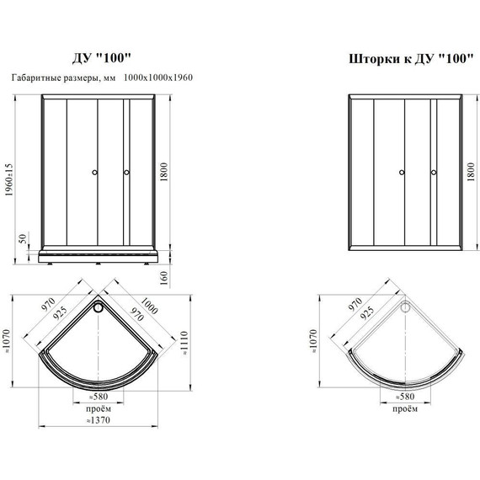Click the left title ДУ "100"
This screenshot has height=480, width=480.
pyautogui.click(x=101, y=58)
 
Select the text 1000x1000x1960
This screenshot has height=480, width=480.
pyautogui.click(x=158, y=77)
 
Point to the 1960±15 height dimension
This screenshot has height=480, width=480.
pyautogui.click(x=9, y=179)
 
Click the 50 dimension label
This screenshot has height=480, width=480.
pyautogui.click(x=24, y=237)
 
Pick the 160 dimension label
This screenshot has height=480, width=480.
pyautogui.click(x=164, y=278)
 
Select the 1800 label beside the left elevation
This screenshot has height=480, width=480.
pyautogui.click(x=164, y=172)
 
